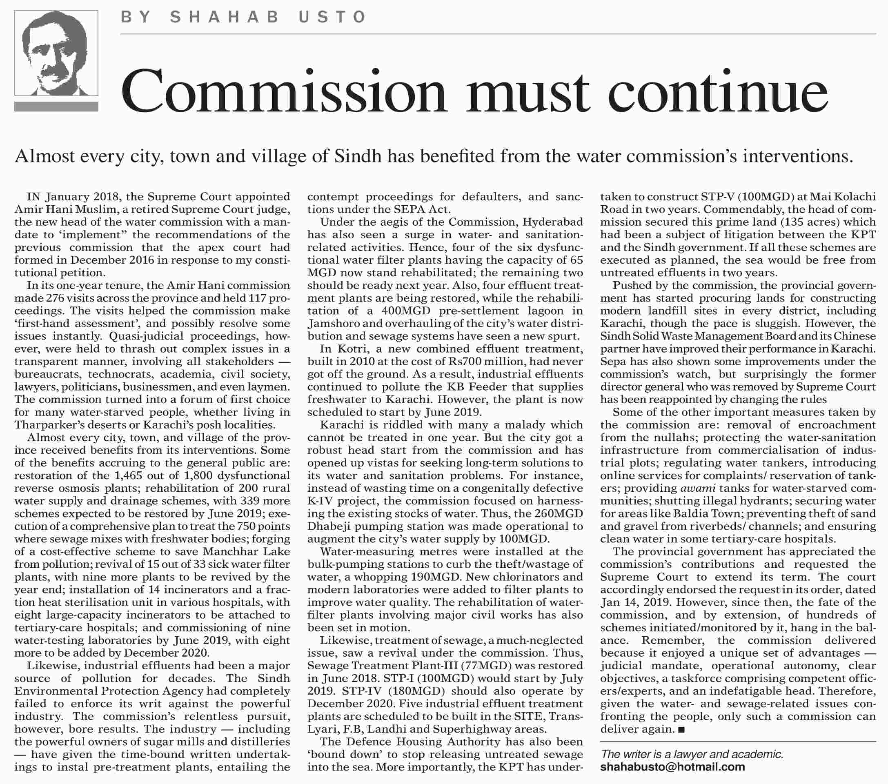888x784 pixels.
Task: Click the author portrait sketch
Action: coord(56,53)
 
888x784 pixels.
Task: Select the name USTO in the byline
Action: coord(332,17)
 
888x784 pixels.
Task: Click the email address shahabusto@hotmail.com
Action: coord(672,767)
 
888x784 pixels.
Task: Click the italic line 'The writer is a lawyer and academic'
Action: coord(692,754)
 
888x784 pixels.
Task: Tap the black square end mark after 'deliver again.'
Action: coord(681,730)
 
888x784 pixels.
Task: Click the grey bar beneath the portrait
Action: coord(56,107)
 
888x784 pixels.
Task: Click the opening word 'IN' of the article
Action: coord(33,197)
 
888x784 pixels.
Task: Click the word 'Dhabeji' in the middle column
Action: coord(327,526)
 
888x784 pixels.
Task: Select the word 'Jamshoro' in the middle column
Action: coord(332,324)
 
